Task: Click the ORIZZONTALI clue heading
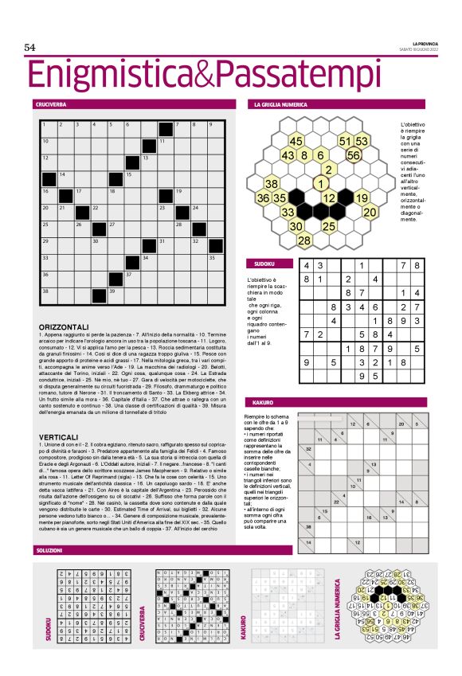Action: tap(63, 327)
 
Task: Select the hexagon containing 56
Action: tap(354, 155)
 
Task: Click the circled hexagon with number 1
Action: tap(319, 183)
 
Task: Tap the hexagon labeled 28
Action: tap(303, 240)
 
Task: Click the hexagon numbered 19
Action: tap(361, 197)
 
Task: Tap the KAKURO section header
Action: tap(262, 404)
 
